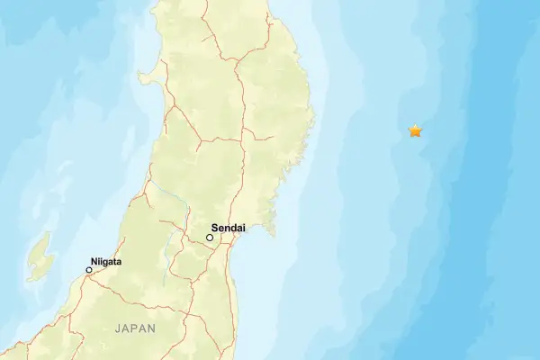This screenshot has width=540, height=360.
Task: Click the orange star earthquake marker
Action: (x=415, y=131)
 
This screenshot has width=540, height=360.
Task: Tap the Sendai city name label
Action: (x=229, y=229)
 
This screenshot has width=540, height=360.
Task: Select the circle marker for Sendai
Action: (x=210, y=238)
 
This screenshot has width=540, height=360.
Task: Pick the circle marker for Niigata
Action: (x=89, y=270)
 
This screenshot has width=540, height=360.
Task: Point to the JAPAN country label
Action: (x=135, y=329)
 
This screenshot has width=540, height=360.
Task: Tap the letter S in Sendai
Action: (x=215, y=229)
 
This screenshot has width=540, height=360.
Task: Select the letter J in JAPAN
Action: (x=118, y=329)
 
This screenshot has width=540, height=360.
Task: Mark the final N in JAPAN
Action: (x=151, y=329)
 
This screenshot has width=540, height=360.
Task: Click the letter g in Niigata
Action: (x=108, y=263)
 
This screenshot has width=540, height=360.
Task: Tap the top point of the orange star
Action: (x=415, y=124)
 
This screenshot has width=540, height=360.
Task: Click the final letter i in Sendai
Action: (x=244, y=229)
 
